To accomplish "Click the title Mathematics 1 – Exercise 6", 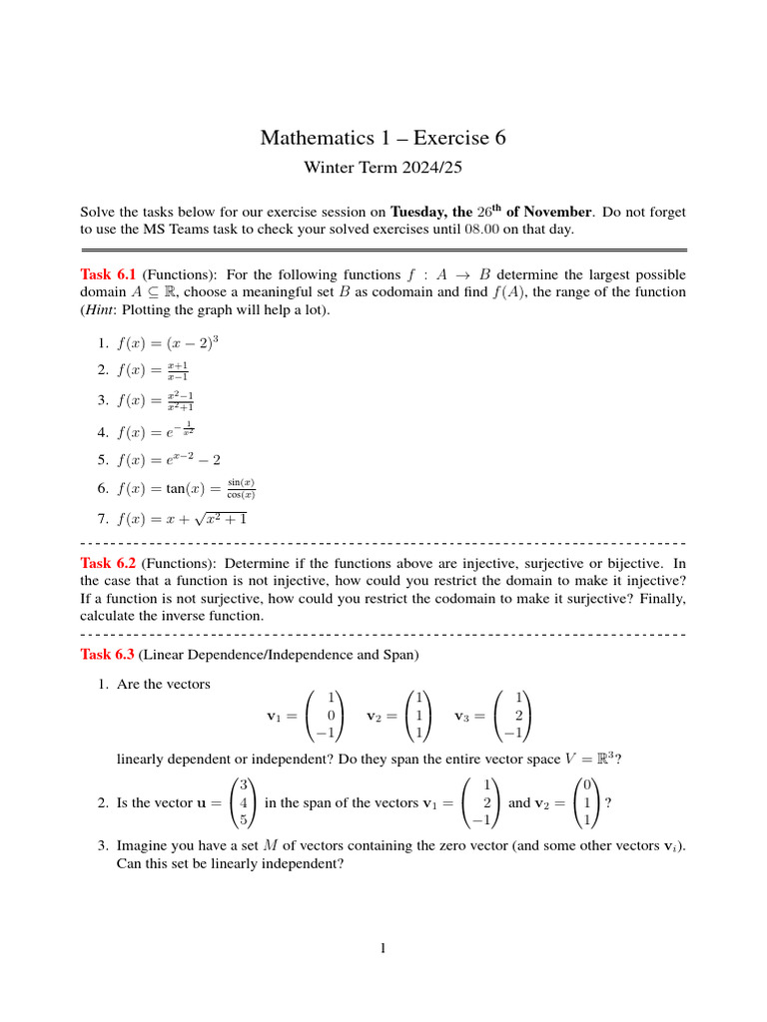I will [x=383, y=138].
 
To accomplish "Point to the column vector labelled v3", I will [x=513, y=716].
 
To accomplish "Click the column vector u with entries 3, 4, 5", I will [x=244, y=802].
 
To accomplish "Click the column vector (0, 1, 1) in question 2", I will [x=589, y=802].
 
